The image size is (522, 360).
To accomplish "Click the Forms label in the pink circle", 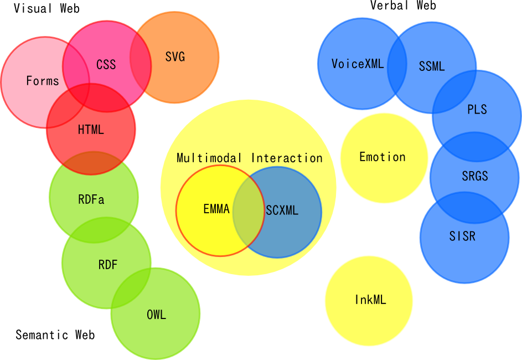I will pos(43,81).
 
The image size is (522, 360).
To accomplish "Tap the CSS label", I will pos(106,65).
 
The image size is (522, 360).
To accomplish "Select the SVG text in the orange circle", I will pos(175,56).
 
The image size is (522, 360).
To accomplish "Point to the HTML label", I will pos(91,130).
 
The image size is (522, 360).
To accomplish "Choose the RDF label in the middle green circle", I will pos(108,265).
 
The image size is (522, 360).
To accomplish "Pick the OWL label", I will pos(156,315).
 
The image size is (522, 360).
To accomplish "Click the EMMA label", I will pos(216,209).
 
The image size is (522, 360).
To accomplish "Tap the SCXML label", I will pos(282,210).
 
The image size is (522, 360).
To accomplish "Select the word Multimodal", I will pos(209,158).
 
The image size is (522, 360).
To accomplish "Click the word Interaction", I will pos(287,158).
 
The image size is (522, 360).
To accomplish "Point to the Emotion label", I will pos(383,157).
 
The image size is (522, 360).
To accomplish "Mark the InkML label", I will pos(370,300).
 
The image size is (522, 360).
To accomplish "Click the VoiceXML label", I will pos(358,64).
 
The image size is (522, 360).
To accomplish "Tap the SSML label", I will pos(432,66).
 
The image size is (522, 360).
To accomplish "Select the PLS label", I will pos(477,109).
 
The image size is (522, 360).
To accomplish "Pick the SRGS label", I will pos(475,177).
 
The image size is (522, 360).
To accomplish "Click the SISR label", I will pos(462,236).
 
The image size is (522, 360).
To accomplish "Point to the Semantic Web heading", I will pos(55,335).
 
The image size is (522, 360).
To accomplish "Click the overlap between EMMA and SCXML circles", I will pos(249,212).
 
